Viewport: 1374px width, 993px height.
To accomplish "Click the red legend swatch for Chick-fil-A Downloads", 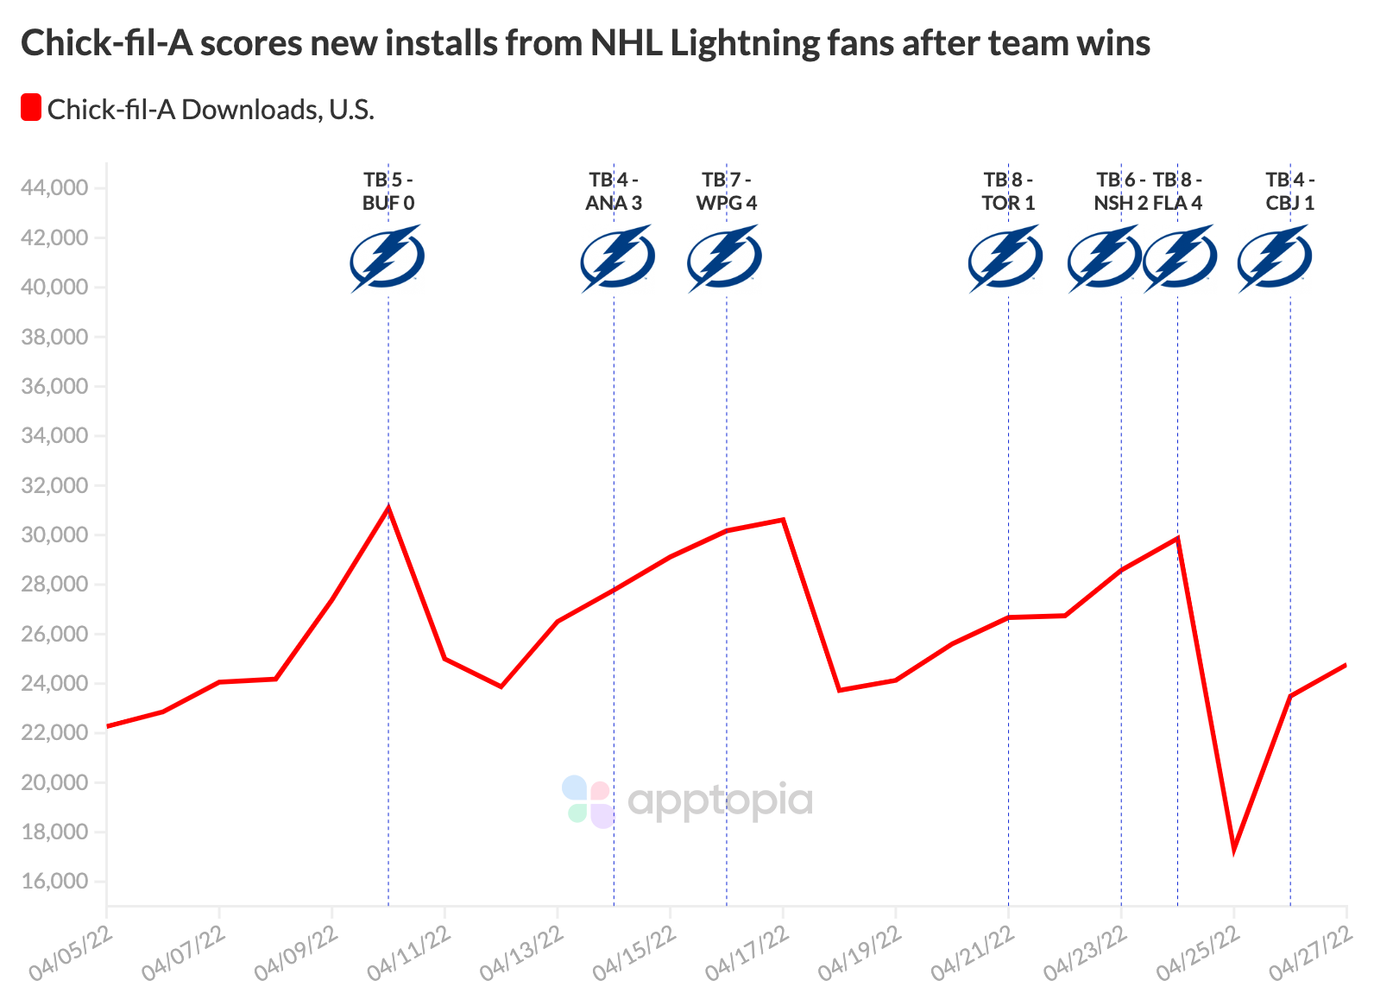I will coord(31,109).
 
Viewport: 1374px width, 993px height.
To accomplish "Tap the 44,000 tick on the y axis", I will coord(54,188).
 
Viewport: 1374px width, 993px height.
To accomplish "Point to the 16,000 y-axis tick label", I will coord(54,882).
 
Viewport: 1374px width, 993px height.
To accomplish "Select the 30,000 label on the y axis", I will coord(54,535).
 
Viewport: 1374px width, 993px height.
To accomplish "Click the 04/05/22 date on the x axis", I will coord(72,952).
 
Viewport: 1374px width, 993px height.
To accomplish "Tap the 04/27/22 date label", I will coord(1311,952).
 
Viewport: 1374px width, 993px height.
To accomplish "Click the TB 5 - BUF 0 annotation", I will coord(388,191).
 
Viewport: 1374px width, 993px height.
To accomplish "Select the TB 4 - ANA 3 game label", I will coord(614,191).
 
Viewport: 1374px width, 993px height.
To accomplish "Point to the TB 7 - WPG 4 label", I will coord(727,191).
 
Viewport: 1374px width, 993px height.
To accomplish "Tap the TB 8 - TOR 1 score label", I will coord(1008,191).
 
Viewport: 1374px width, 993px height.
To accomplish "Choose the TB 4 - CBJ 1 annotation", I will coord(1290,191).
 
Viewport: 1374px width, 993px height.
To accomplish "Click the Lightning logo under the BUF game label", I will coord(388,258).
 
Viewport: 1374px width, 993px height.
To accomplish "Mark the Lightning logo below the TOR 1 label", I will coord(1005,258).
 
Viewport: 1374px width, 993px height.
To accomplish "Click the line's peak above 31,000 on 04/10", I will coord(388,507).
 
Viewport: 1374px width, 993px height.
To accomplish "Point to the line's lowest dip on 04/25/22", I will coord(1234,849).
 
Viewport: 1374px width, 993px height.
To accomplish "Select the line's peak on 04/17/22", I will coord(783,520).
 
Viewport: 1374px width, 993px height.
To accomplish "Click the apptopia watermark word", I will coord(720,800).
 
